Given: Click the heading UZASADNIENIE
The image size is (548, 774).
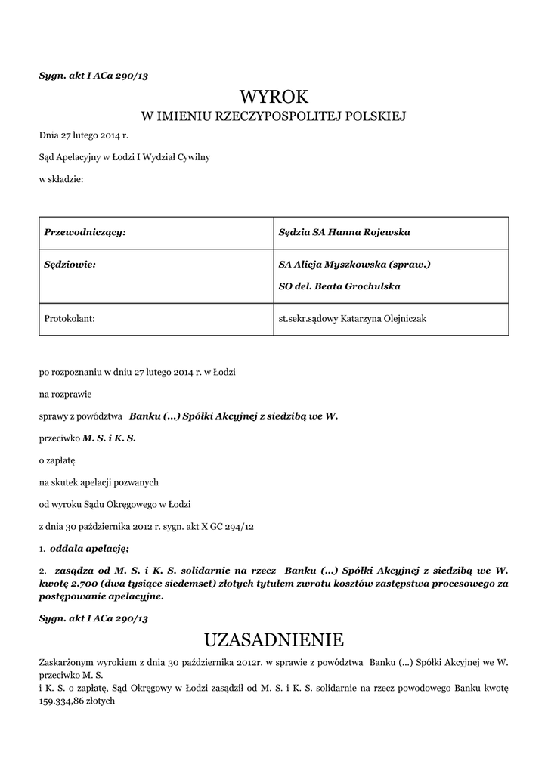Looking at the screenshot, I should [x=274, y=640].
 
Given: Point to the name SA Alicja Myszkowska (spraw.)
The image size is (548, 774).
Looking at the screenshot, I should [x=354, y=265].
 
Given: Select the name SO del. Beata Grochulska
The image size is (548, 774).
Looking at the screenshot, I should [x=339, y=286].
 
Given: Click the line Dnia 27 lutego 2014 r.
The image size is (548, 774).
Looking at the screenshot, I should [x=84, y=136].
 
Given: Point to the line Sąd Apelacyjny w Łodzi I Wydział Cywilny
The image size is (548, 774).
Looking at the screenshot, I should [x=125, y=157].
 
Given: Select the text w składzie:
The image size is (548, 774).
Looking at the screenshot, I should [x=61, y=179].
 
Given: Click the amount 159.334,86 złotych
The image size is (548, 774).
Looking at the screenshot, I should [x=76, y=701].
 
